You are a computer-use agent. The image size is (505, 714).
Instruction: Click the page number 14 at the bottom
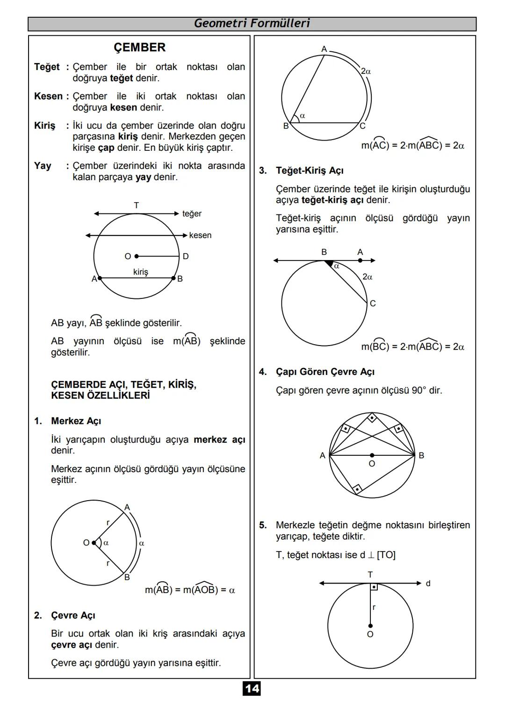coord(252,688)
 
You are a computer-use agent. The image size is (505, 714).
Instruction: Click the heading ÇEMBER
coord(139,48)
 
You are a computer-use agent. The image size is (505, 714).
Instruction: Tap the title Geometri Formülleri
coord(252,23)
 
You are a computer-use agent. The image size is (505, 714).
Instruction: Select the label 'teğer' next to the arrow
coord(192,214)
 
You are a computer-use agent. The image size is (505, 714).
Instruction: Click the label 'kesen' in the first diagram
coord(200,235)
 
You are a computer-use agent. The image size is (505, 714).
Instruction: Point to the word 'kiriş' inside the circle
coord(140,272)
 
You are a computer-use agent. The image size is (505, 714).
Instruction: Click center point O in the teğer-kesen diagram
coord(136,256)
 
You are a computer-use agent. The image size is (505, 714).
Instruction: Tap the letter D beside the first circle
coord(186,256)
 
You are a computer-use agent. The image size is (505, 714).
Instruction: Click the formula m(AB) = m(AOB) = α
coord(190,590)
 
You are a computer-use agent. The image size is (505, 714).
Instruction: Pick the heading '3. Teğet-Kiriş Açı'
coord(309,171)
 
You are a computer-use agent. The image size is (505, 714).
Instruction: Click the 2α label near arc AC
coord(366,71)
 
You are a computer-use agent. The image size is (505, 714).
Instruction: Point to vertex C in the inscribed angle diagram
coord(362,126)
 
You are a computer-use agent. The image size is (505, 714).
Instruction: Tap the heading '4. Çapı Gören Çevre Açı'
coord(325,372)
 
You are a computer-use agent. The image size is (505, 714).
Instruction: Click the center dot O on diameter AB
coord(372,455)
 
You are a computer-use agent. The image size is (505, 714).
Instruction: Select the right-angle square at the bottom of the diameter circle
coord(357,489)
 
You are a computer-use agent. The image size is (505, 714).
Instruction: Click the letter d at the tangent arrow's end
coord(428,583)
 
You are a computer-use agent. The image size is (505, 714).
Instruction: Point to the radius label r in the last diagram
coord(374,608)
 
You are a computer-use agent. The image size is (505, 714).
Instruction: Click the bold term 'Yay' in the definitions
coord(43,166)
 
